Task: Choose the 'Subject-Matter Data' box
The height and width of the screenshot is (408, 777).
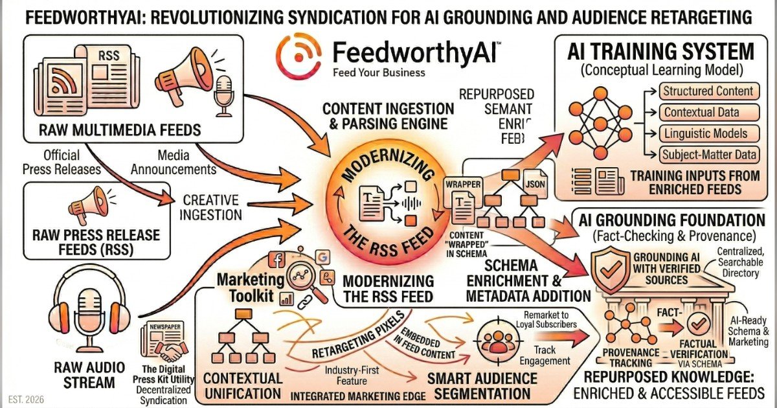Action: tap(707, 155)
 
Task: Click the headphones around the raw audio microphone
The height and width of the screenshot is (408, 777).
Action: tap(85, 304)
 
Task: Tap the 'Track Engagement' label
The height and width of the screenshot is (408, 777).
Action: tap(552, 354)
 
